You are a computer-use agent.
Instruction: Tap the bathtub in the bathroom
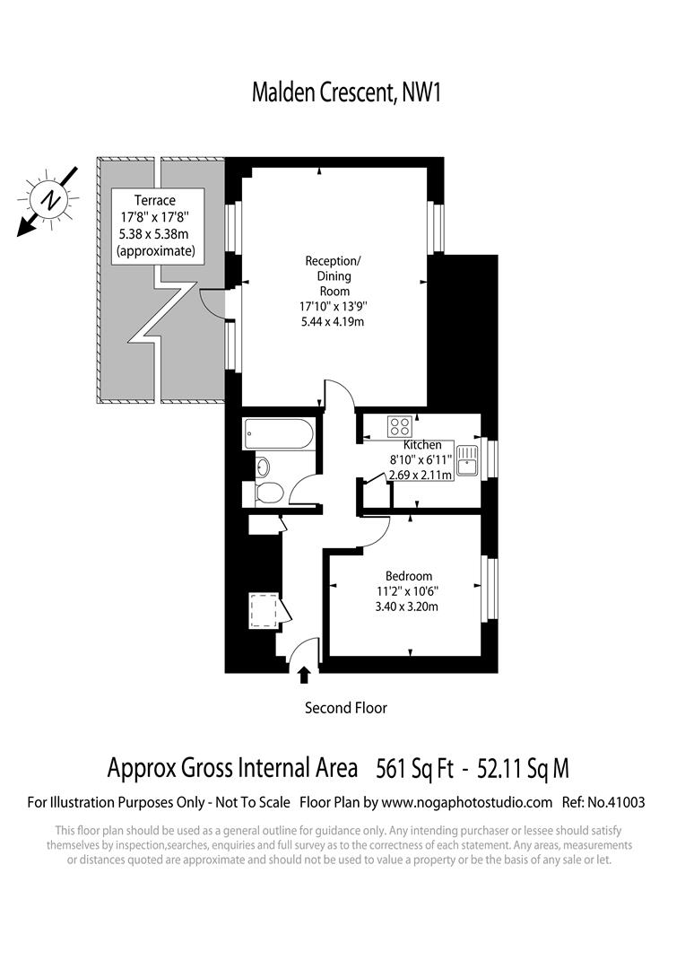pos(279,435)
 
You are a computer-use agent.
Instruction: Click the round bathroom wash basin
pos(261,466)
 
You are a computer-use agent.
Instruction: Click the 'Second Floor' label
pos(346,708)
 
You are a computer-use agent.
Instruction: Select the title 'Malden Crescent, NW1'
pos(342,92)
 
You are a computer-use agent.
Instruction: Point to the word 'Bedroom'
pos(409,576)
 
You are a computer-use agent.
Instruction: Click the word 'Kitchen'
pos(422,445)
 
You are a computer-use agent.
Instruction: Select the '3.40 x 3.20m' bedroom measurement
pos(409,607)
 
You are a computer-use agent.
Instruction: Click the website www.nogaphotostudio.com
pos(465,802)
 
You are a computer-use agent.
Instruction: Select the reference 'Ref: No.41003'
pos(602,802)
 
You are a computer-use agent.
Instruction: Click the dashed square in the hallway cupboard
pos(264,611)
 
